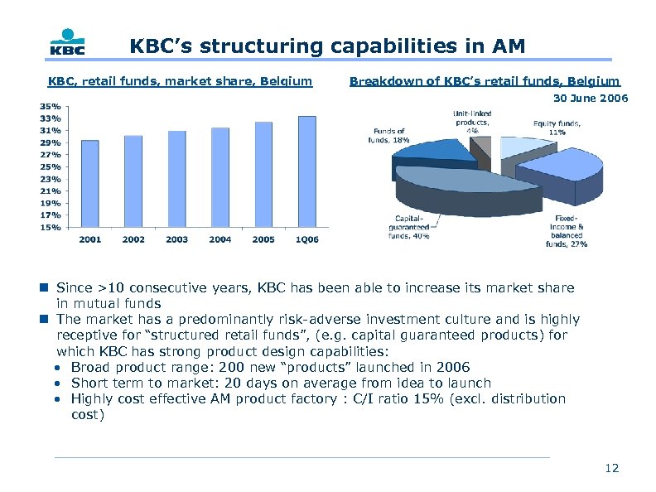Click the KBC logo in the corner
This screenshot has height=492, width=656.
tap(67, 43)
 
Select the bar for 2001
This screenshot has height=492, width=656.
tap(90, 183)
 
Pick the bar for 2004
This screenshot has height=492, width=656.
tap(220, 177)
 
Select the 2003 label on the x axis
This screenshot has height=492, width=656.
tap(176, 240)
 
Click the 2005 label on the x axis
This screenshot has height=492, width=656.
tap(263, 240)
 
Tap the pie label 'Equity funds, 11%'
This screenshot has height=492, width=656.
tap(557, 128)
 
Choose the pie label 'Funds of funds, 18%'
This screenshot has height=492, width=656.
tap(389, 136)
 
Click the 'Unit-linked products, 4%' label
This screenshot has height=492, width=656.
tap(471, 121)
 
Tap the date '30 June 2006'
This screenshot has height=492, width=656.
tap(591, 99)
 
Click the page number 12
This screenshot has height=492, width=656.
tap(612, 469)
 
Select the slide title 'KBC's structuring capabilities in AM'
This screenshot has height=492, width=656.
tap(327, 46)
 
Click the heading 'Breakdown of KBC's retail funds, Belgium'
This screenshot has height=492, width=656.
tap(484, 81)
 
